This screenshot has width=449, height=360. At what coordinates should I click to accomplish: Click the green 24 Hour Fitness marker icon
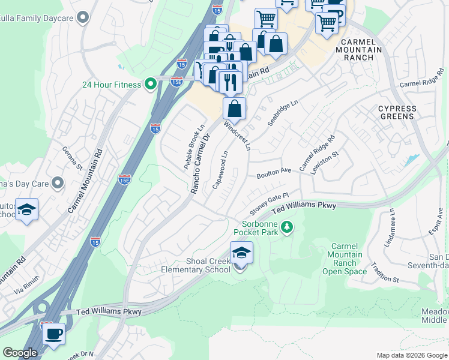click(x=151, y=84)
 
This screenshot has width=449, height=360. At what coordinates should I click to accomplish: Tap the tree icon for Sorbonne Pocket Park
click(x=288, y=227)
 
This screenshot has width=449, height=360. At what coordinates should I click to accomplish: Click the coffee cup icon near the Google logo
click(x=53, y=333)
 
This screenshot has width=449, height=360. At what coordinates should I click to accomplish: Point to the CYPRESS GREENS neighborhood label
click(x=397, y=113)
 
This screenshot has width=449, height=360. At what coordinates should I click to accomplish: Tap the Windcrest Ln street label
click(x=237, y=136)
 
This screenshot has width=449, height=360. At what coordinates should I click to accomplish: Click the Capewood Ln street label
click(x=220, y=170)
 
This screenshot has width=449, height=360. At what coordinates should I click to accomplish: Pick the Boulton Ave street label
click(x=274, y=173)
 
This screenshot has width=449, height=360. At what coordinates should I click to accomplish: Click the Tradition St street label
click(x=384, y=274)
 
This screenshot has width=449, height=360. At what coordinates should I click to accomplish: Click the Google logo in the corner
click(x=20, y=353)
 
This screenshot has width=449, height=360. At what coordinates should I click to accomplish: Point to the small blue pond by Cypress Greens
click(x=412, y=160)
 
